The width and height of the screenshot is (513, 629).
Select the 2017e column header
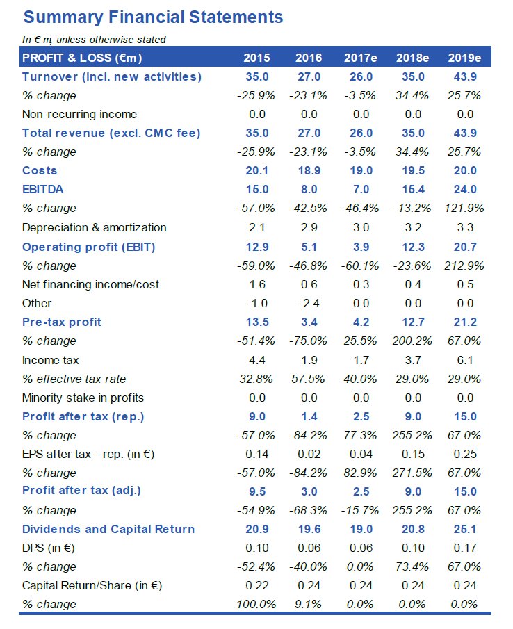pos(361,58)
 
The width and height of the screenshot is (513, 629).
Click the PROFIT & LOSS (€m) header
pos(82,58)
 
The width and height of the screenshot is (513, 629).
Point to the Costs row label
pos(40,170)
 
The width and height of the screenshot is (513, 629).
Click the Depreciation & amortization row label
pos(95,227)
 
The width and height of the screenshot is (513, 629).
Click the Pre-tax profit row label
pos(62,321)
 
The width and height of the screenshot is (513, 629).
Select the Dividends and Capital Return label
pos(108,529)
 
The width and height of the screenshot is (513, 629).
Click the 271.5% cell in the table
pos(412,473)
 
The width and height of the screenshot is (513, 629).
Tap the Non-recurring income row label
pos(79,114)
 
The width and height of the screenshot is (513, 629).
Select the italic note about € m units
pos(94,40)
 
